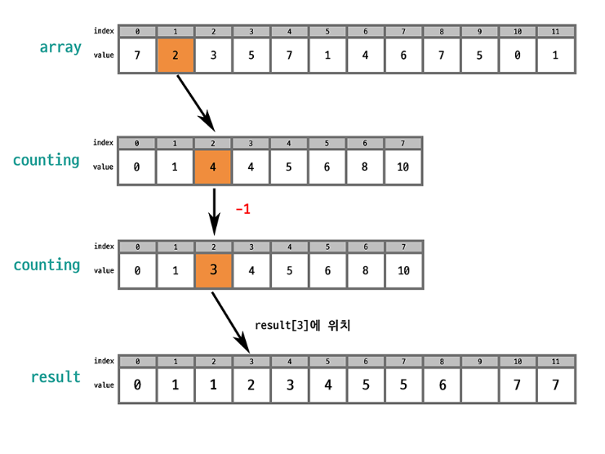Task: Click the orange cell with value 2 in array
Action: pos(176,56)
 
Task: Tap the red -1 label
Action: pos(243,210)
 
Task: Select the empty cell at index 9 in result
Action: pos(479,385)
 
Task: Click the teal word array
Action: pos(60,47)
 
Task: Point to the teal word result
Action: pos(56,377)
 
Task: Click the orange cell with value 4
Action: pos(212,167)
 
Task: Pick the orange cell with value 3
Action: pos(213,270)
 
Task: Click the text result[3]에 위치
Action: pos(302,325)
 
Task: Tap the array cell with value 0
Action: pos(518,56)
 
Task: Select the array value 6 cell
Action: pos(403,56)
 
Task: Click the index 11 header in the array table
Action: pos(555,32)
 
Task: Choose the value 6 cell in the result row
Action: pos(443,385)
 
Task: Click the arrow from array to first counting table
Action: pos(196,104)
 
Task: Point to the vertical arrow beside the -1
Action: pos(214,211)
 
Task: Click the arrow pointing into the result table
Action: pos(231,323)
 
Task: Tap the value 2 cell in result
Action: pos(251,385)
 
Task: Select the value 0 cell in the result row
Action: pos(137,385)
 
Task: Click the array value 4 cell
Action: pos(365,56)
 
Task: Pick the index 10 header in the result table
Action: pos(518,362)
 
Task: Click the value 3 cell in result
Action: pos(290,385)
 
